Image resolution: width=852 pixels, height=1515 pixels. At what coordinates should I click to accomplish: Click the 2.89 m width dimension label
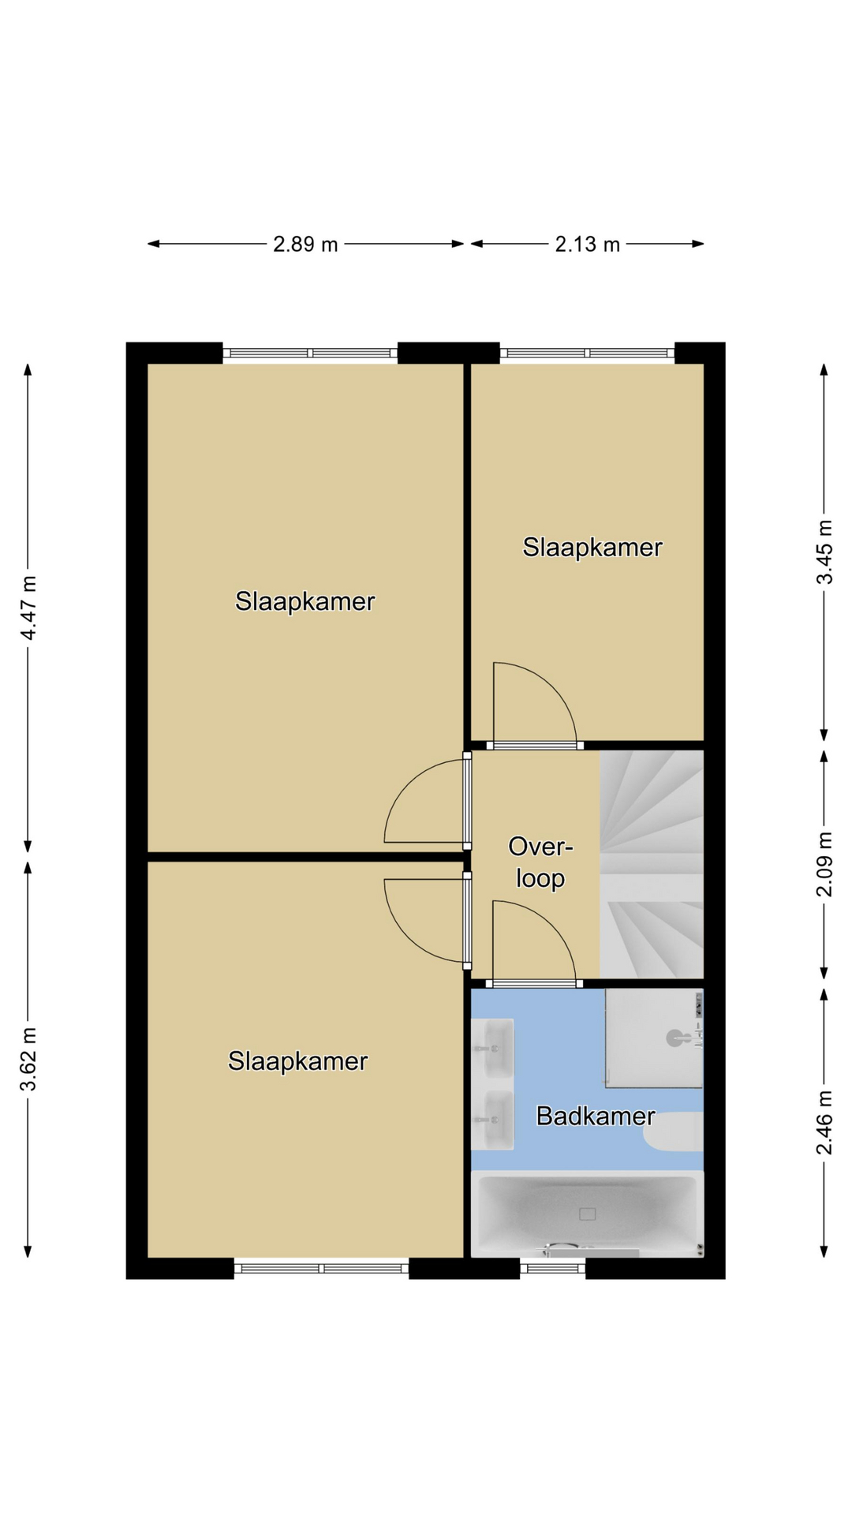pos(305,245)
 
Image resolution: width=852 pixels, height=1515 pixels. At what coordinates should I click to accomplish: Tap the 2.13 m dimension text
pos(587,245)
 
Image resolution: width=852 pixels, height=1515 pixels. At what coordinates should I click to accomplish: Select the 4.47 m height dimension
pos(28,608)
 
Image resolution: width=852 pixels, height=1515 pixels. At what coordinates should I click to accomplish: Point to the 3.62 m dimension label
pos(28,1059)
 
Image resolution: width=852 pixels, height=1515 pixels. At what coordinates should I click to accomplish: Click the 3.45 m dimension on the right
pos(824,552)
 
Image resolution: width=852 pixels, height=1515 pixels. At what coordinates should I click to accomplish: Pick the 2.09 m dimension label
pos(824,865)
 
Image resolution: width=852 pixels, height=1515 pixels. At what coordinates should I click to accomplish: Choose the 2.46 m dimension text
pos(824,1122)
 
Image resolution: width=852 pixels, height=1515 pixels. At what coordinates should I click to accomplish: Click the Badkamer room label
pos(596,1116)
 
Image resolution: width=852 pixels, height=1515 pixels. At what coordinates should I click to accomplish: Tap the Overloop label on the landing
pos(540,862)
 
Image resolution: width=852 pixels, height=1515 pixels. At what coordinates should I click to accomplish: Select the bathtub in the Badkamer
pos(587,1214)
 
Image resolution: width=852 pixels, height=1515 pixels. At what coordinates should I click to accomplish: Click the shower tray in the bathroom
pos(654,1038)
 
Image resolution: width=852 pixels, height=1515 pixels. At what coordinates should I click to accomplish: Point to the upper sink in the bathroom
pos(493,1048)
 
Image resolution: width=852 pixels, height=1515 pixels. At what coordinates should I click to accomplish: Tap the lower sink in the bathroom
pos(493,1120)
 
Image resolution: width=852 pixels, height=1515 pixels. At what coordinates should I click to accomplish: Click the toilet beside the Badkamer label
pos(673,1132)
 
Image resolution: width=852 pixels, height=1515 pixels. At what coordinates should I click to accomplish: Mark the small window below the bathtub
pos(552,1268)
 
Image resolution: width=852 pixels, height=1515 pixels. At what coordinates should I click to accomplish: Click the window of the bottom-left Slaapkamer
pos(321,1268)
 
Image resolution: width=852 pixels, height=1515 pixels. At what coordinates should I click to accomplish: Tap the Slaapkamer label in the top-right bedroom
pos(592,548)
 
